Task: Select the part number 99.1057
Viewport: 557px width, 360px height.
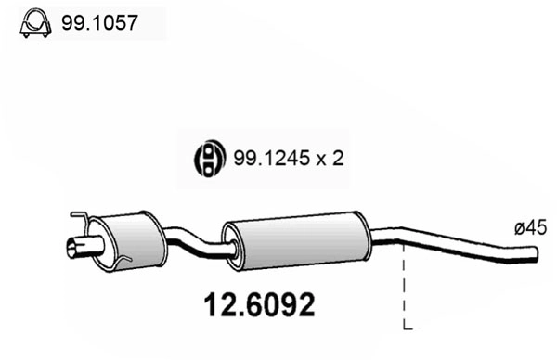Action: coord(99,22)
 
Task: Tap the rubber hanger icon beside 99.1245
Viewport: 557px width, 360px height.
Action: coord(210,158)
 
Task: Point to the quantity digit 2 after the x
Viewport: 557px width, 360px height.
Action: coord(338,159)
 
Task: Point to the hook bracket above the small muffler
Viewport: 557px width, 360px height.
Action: coord(82,221)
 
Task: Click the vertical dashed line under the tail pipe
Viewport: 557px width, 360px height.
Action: coord(405,288)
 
